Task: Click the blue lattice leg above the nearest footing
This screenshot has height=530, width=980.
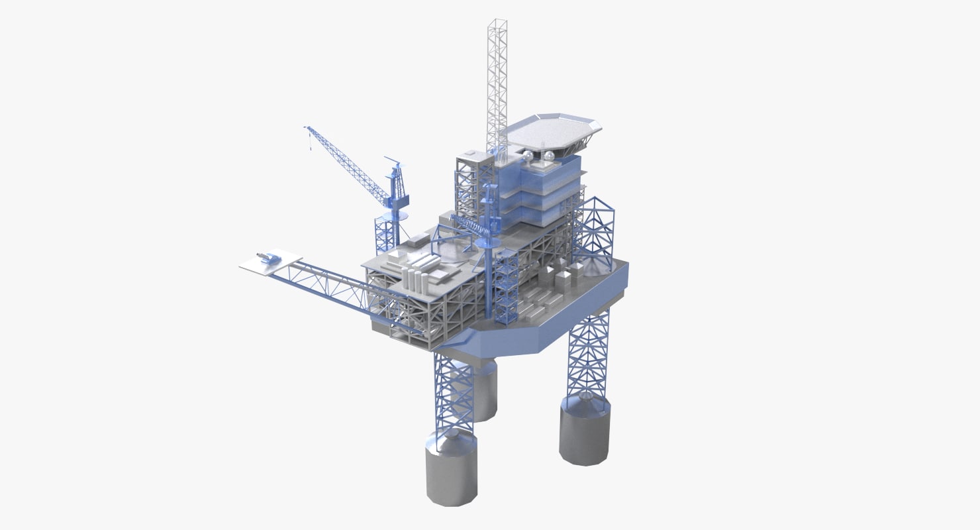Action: [x=453, y=391]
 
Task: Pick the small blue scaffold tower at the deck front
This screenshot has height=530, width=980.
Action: [x=506, y=285]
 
